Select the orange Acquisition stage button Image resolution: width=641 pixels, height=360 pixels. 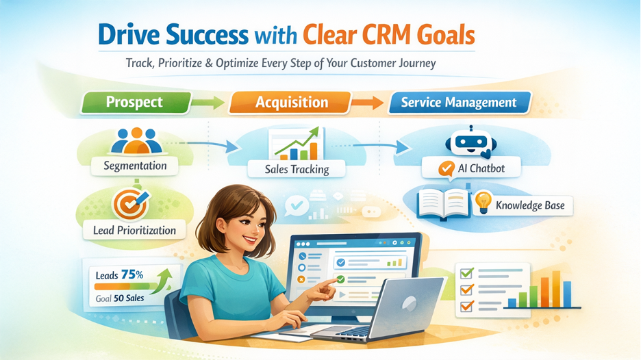pyautogui.click(x=290, y=102)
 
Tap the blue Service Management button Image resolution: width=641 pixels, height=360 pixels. pyautogui.click(x=460, y=102)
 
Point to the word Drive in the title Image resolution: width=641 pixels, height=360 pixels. pyautogui.click(x=129, y=35)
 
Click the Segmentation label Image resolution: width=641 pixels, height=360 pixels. pyautogui.click(x=135, y=166)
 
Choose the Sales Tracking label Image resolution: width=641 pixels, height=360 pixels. pyautogui.click(x=297, y=169)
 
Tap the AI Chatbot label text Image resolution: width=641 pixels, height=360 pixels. pyautogui.click(x=481, y=168)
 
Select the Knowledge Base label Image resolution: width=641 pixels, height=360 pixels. pyautogui.click(x=530, y=205)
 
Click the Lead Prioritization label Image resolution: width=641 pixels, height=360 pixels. pyautogui.click(x=134, y=231)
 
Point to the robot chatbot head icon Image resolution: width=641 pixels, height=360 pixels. pyautogui.click(x=471, y=142)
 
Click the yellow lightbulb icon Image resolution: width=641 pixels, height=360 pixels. pyautogui.click(x=483, y=203)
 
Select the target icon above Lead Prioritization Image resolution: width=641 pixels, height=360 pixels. pyautogui.click(x=130, y=204)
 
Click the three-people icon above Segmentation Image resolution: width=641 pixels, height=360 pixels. pyautogui.click(x=136, y=141)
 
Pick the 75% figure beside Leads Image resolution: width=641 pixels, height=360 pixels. pyautogui.click(x=132, y=274)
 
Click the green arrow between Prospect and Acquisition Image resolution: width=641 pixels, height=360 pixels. pyautogui.click(x=208, y=103)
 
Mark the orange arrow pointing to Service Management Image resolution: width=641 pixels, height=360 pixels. pyautogui.click(x=368, y=103)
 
